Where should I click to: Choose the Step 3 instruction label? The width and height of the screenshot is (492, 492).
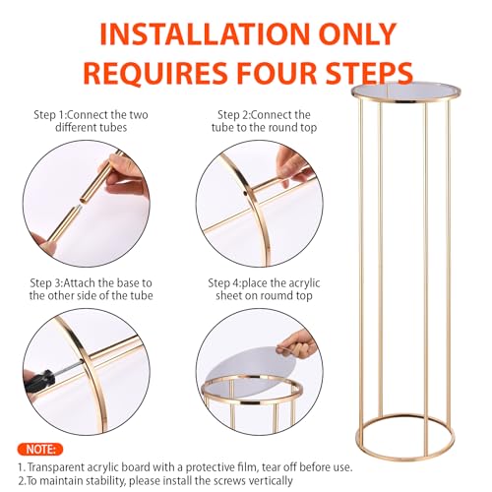point(91,289)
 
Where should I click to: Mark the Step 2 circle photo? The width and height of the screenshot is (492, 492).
point(257,202)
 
